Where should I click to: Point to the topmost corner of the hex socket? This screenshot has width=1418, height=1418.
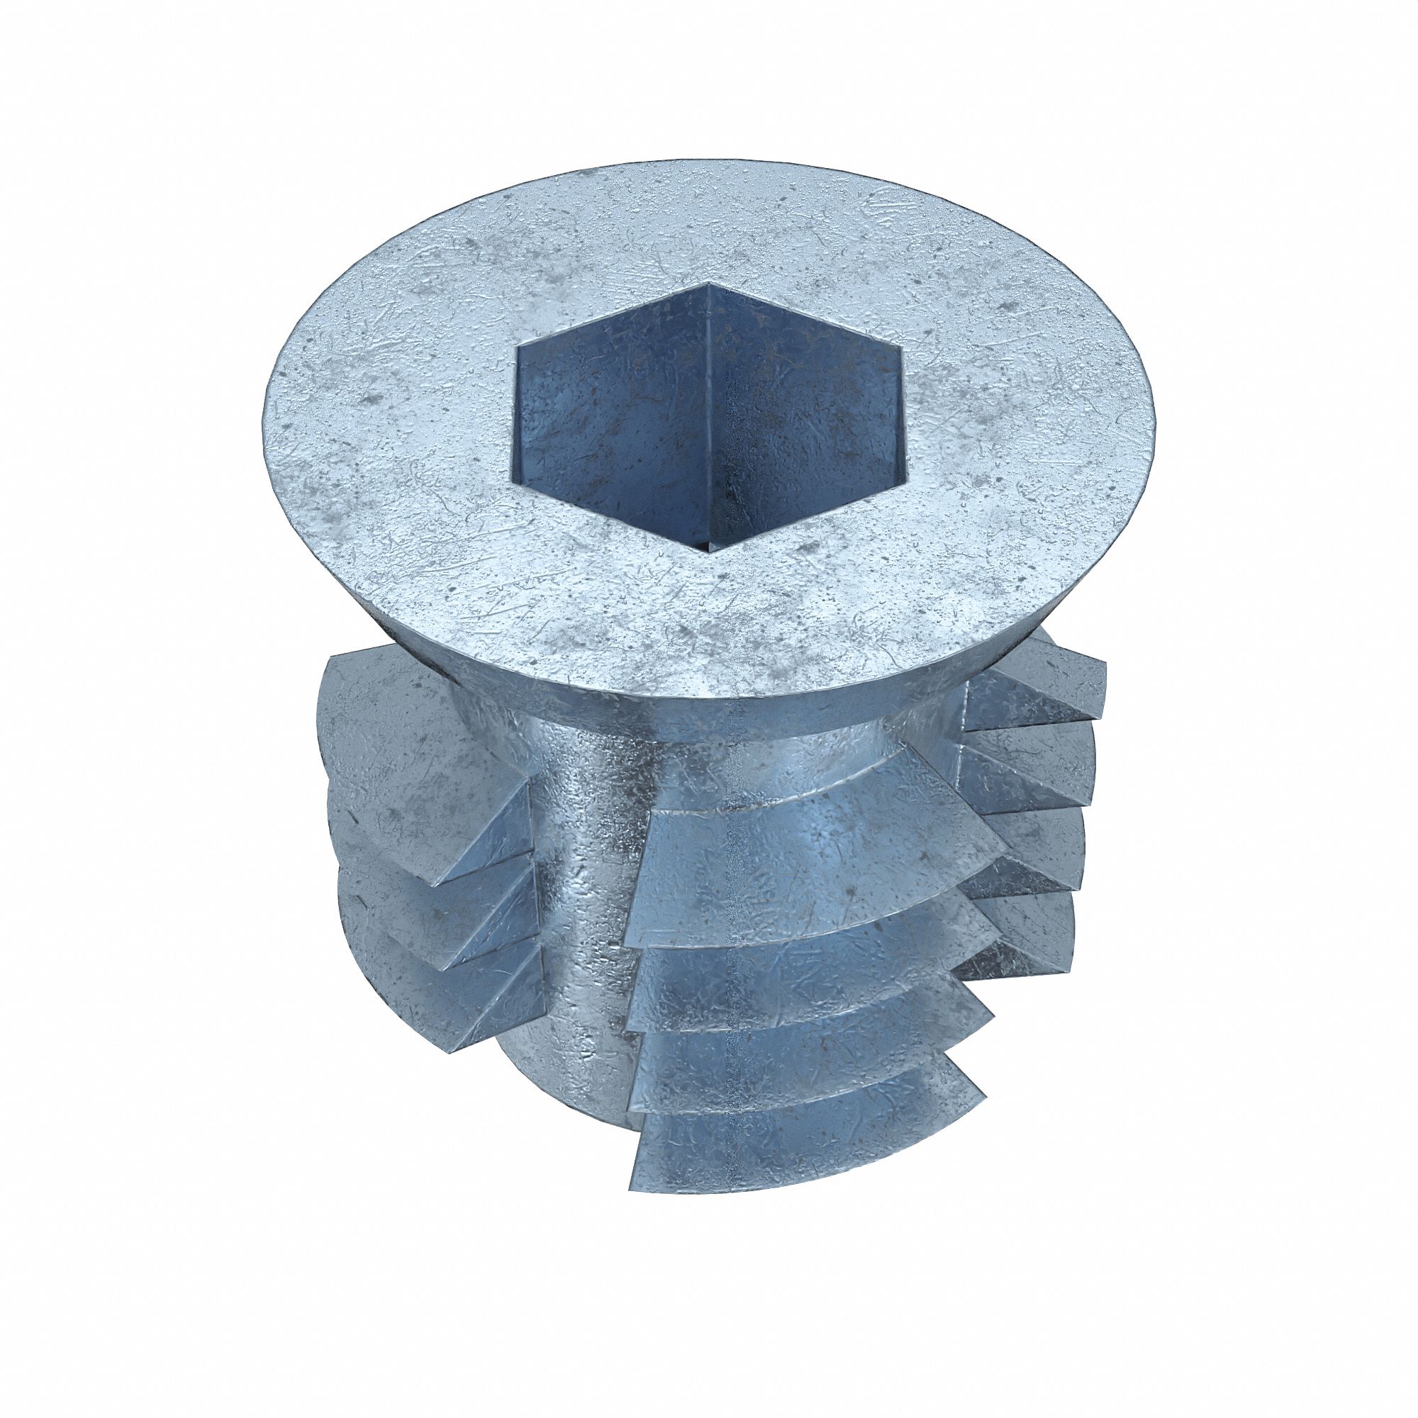coord(706,283)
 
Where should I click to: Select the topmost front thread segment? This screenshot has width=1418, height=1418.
coord(808,844)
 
